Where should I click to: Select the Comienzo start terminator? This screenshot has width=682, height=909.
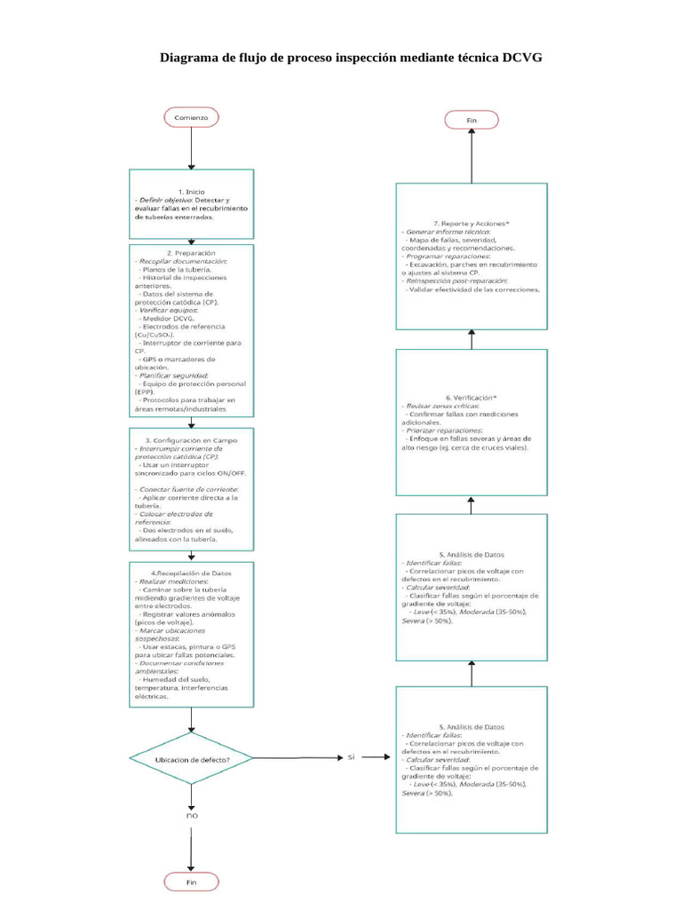(191, 117)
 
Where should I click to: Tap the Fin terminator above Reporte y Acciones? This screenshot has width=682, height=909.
(472, 119)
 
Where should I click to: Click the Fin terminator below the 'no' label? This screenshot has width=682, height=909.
(191, 881)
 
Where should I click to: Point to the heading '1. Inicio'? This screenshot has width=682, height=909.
(191, 192)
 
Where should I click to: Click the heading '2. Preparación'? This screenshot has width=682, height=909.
(191, 252)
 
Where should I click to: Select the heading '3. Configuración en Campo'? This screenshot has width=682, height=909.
(191, 440)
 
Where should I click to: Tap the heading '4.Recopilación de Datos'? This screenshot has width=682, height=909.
(191, 572)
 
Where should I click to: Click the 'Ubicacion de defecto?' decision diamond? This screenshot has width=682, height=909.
(191, 758)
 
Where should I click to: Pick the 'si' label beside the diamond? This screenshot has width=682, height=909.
(352, 756)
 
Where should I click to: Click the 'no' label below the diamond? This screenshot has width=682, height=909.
(191, 815)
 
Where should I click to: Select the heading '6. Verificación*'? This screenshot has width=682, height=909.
(472, 397)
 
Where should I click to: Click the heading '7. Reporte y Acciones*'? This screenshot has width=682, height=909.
(472, 223)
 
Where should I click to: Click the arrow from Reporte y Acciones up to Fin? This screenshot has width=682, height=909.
(472, 156)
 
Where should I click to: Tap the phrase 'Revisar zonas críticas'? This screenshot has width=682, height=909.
(440, 406)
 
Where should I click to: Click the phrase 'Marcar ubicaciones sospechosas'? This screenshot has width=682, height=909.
(177, 634)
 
